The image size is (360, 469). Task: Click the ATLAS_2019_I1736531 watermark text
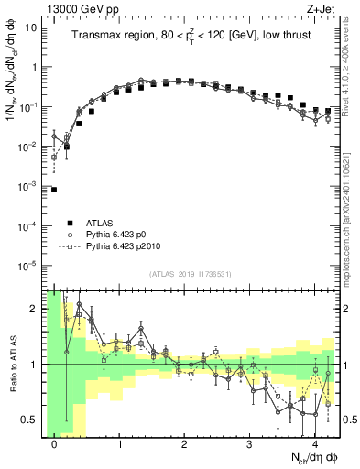click(x=190, y=274)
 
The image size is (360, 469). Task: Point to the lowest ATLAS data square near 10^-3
click(x=54, y=190)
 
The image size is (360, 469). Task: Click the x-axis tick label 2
click(x=185, y=444)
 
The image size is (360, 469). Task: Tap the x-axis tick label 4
click(x=315, y=444)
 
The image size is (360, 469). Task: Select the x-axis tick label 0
click(x=55, y=444)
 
